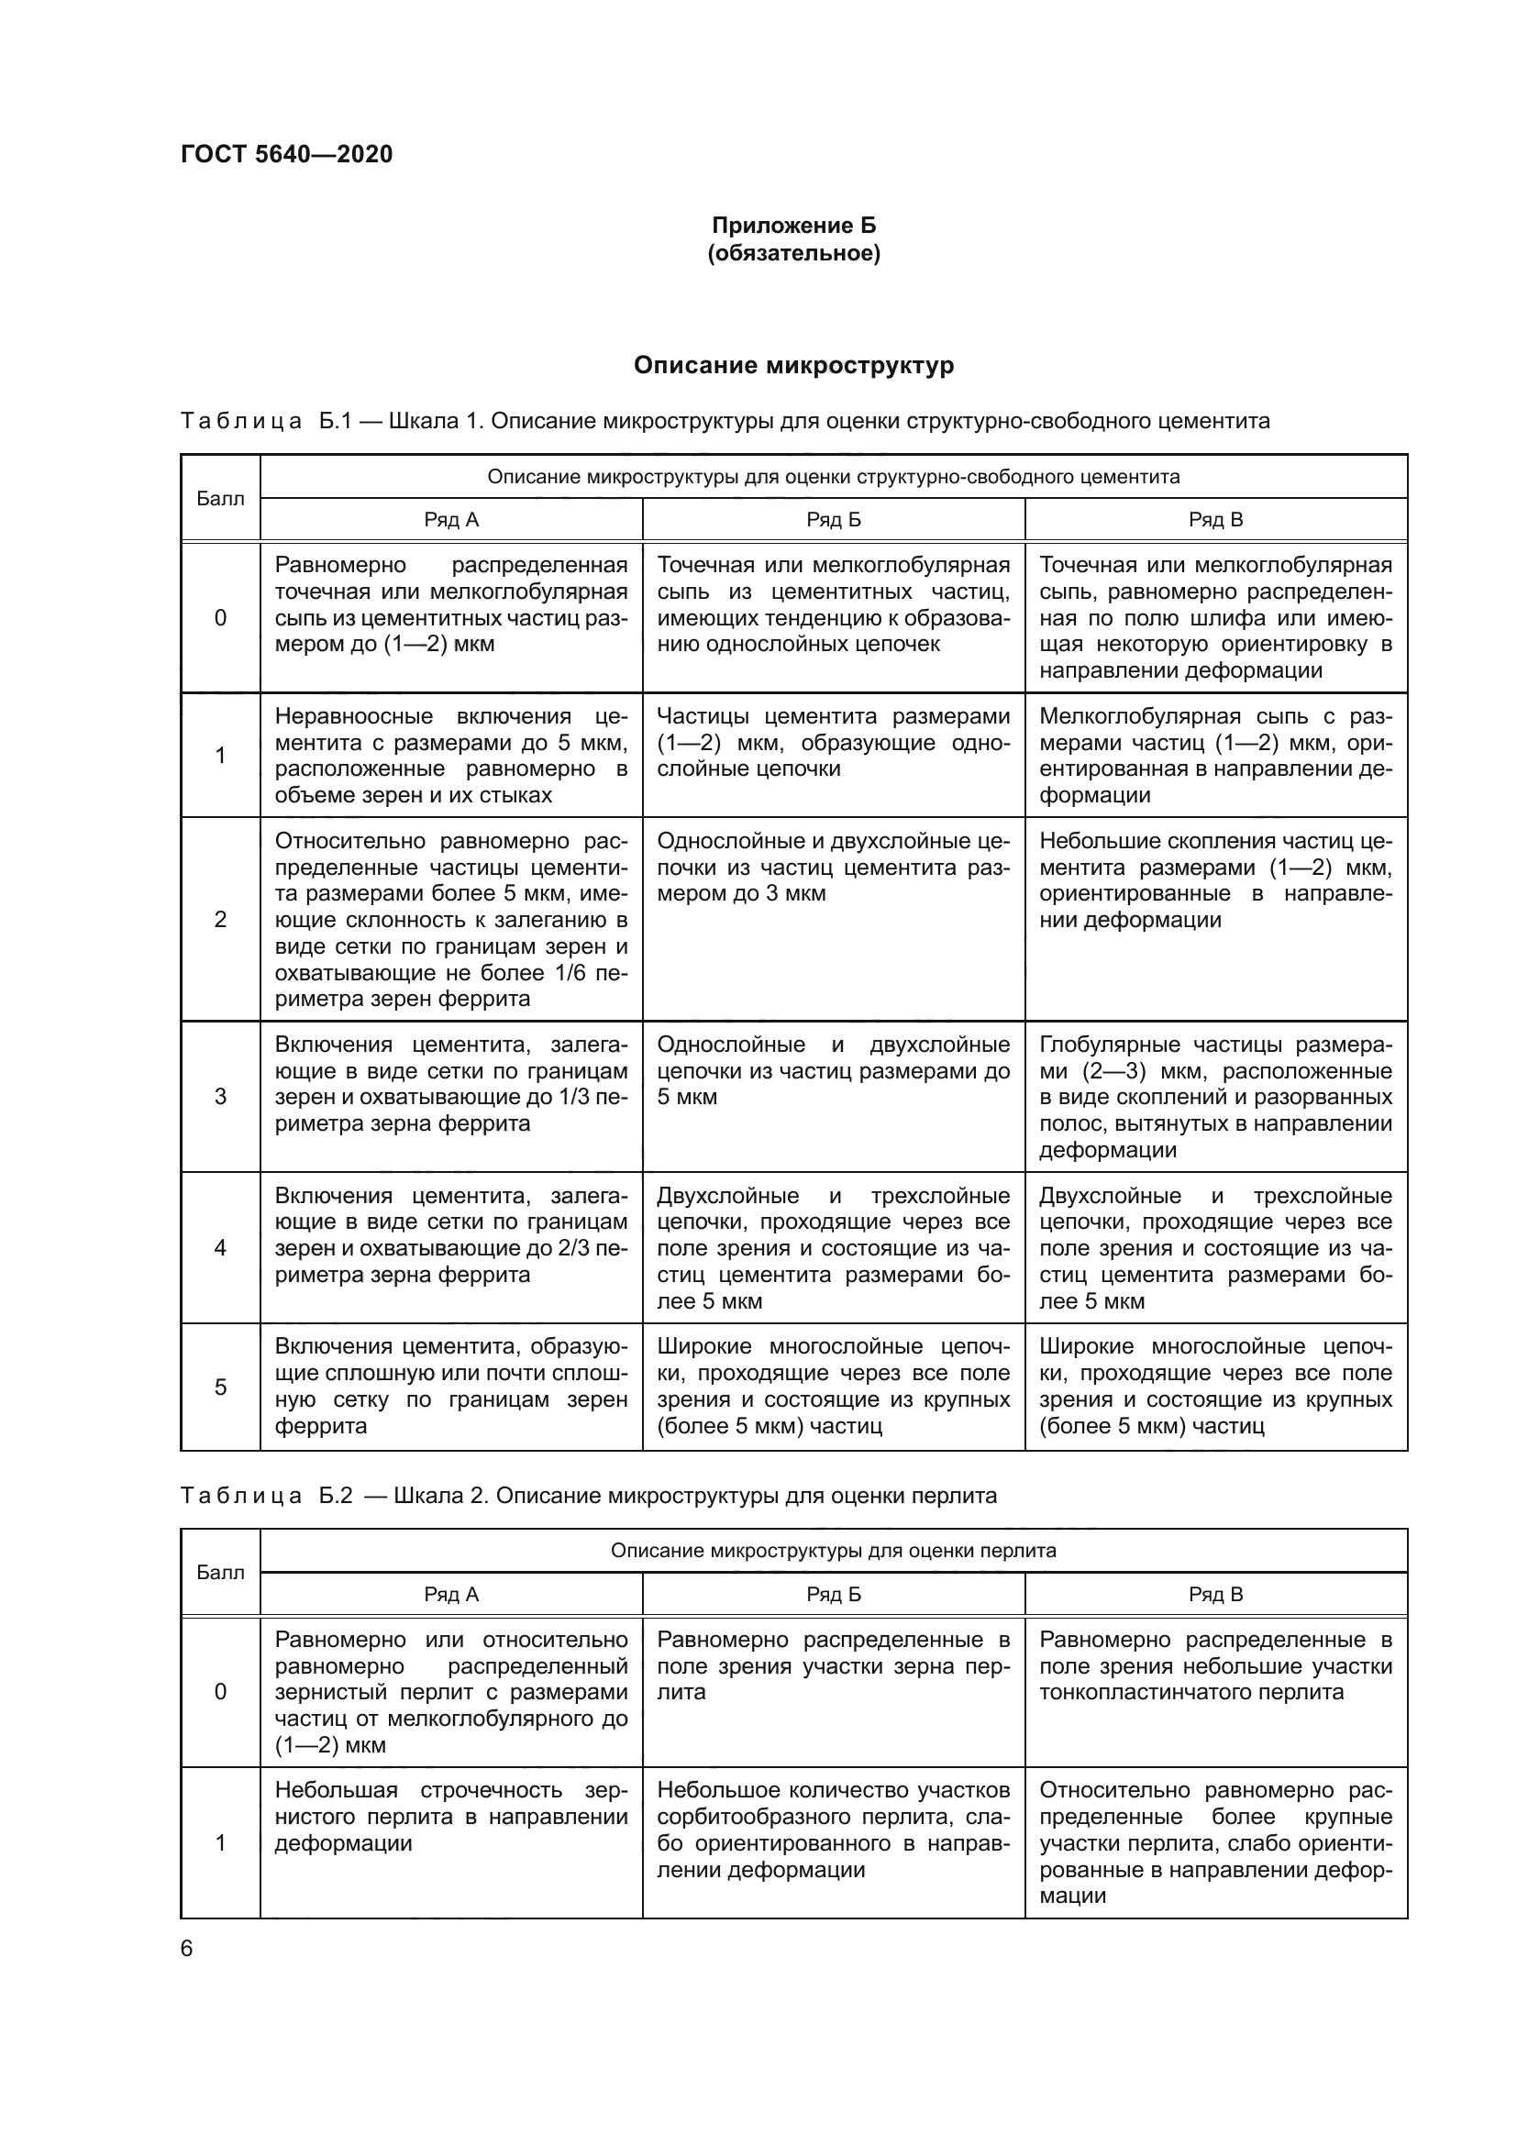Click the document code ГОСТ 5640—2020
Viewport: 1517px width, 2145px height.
[x=286, y=154]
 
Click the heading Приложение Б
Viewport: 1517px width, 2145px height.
[x=794, y=226]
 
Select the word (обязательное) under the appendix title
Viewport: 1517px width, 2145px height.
[x=794, y=253]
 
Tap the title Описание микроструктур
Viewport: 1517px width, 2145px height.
[x=794, y=365]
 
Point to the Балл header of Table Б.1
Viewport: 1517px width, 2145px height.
[x=220, y=499]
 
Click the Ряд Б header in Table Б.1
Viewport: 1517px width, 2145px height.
[x=833, y=520]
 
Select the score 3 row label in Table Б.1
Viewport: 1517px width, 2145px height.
[x=220, y=1097]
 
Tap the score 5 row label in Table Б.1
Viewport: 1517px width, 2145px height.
[x=220, y=1388]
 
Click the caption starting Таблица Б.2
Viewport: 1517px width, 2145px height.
[x=589, y=1496]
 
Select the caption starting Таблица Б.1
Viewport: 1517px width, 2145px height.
[x=725, y=421]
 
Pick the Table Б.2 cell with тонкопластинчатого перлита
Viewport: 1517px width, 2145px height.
[x=1215, y=1666]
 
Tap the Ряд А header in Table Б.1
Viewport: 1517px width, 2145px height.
[x=451, y=520]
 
